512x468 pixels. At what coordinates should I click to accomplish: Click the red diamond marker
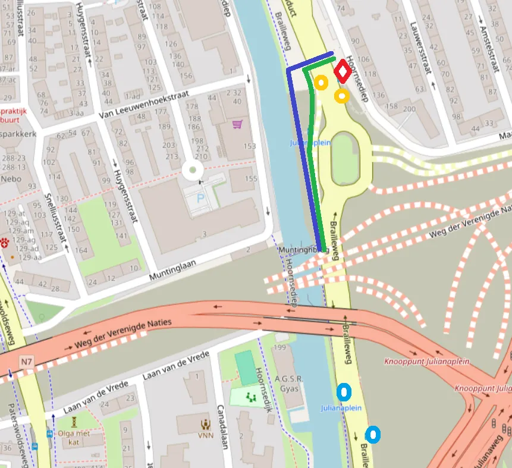343,72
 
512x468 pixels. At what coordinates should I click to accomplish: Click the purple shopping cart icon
237,124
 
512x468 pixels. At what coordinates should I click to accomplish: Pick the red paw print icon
5,243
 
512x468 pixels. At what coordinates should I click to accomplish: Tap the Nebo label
11,179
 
